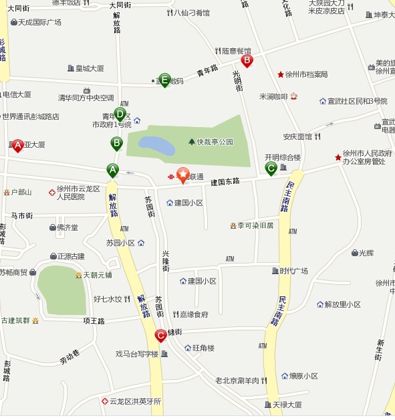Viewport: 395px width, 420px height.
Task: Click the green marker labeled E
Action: point(164,80)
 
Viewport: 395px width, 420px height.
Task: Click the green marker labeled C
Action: point(271,169)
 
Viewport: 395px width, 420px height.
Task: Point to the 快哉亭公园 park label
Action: point(215,142)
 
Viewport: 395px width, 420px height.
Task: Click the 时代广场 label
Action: point(293,271)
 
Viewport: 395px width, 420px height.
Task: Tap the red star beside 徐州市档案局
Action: point(281,74)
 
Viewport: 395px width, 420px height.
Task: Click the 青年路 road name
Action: point(208,72)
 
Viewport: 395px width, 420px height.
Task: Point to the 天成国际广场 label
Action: point(39,22)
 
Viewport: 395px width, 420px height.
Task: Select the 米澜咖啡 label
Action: point(274,96)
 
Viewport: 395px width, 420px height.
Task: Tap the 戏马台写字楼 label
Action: point(136,354)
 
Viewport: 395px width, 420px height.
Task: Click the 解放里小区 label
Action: point(343,304)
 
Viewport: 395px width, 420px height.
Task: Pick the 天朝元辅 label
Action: point(97,275)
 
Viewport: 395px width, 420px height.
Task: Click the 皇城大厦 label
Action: point(90,68)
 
